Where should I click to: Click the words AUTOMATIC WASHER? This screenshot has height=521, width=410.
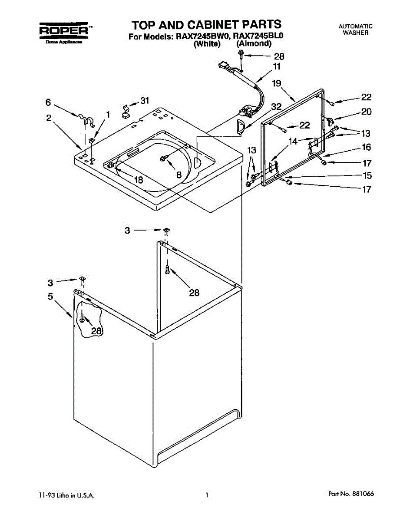(355, 30)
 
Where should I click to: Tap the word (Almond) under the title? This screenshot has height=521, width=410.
(254, 44)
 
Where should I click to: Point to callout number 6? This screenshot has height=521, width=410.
(48, 103)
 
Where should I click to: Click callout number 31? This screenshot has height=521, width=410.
(144, 101)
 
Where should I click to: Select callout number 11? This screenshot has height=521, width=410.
(276, 66)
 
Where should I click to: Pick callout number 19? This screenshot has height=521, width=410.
(277, 83)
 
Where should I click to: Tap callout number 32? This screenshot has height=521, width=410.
(276, 106)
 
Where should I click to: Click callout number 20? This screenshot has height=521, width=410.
(366, 112)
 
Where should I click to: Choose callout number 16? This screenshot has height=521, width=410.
(366, 148)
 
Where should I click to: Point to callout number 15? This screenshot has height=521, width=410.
(367, 176)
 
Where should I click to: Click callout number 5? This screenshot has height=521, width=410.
(50, 297)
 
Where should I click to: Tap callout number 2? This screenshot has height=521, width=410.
(49, 118)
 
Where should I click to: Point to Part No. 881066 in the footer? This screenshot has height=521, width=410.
(351, 494)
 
